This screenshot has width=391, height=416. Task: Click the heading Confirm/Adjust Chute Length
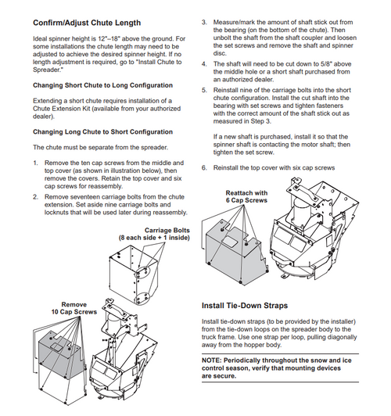[87, 23]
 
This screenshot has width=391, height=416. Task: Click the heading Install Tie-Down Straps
[245, 306]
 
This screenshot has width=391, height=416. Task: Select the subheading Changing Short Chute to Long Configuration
[102, 85]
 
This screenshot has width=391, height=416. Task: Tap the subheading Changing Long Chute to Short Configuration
[102, 132]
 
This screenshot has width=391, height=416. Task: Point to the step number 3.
[204, 22]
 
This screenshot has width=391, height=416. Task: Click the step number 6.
[204, 167]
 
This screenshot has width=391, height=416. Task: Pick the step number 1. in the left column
[35, 163]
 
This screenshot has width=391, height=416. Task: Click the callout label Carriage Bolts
[167, 230]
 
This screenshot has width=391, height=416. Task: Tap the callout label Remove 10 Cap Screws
[74, 308]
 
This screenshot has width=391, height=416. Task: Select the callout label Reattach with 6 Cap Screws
[246, 196]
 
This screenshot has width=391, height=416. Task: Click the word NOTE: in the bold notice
[211, 360]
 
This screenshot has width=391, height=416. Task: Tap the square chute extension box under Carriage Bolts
[133, 274]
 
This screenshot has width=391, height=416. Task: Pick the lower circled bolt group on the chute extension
[142, 298]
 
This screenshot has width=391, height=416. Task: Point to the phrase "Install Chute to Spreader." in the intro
[107, 66]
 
